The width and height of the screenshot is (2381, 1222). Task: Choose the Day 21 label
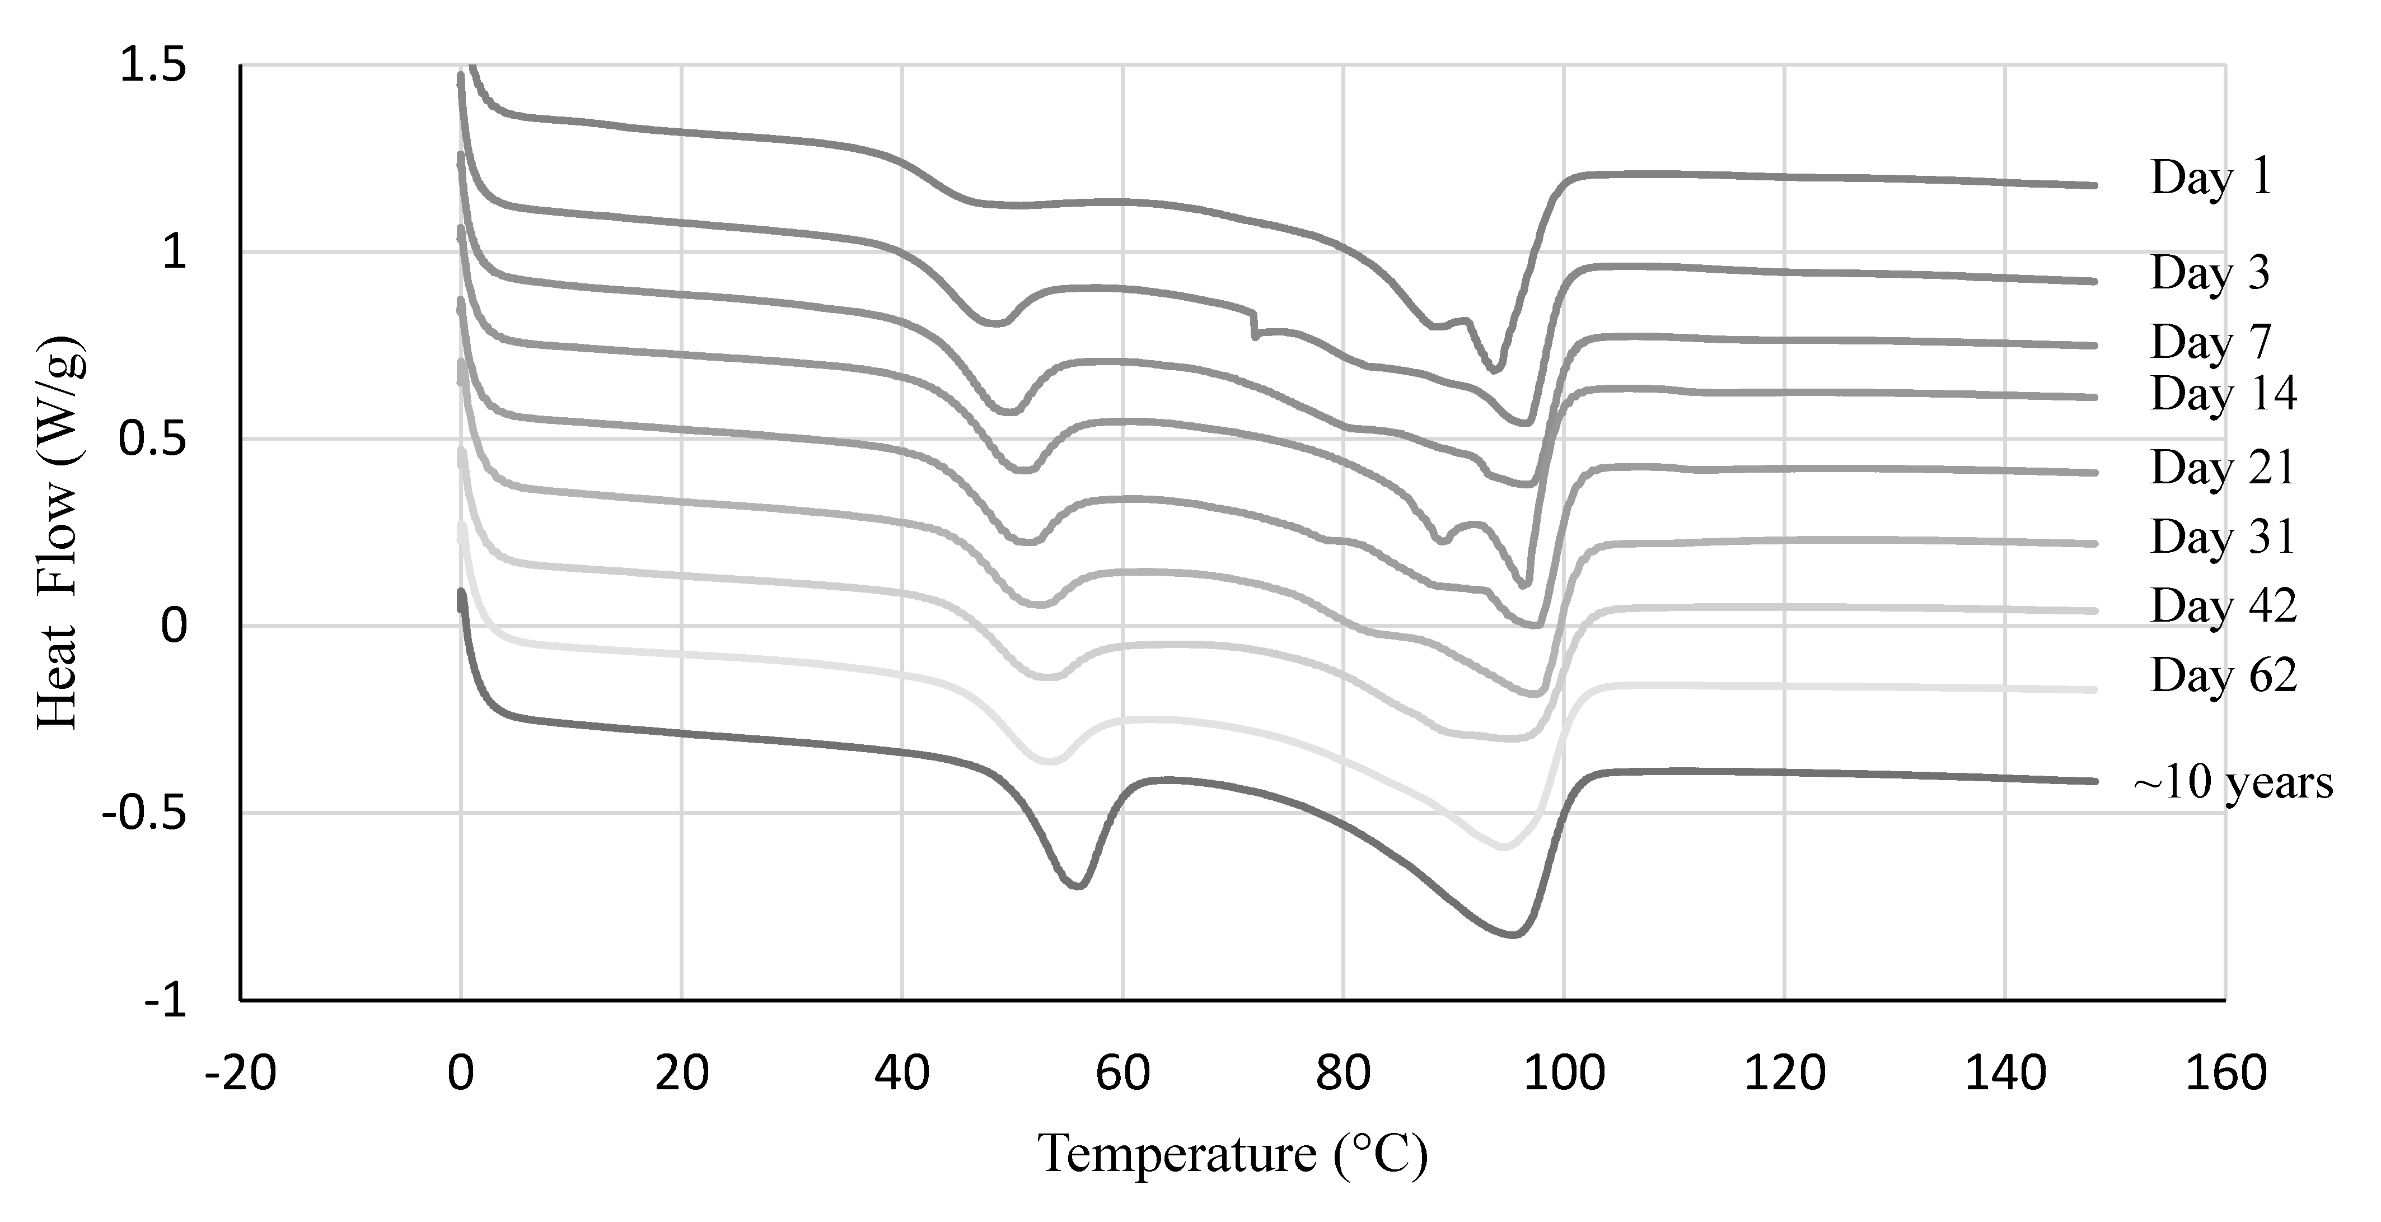coord(2223,467)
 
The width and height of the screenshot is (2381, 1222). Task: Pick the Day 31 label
coord(2223,537)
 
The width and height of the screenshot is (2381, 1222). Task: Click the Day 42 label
coord(2223,607)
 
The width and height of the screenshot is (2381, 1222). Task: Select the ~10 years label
coord(2232,783)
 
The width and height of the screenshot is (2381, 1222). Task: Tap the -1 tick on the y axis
coord(166,1001)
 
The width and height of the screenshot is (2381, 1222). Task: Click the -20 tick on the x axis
coord(240,1073)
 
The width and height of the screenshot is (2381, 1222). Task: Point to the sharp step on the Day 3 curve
coord(1254,325)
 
